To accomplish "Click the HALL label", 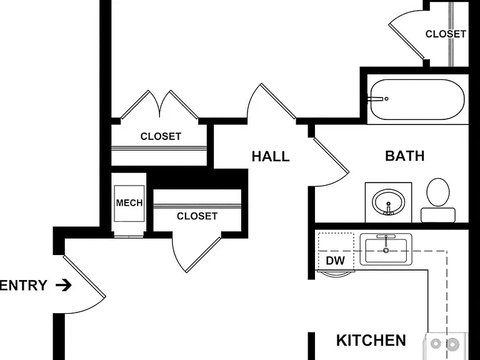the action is pyautogui.click(x=271, y=156).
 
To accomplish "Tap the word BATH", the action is pyautogui.click(x=405, y=156).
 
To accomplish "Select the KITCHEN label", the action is pyautogui.click(x=371, y=341).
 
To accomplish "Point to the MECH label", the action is pyautogui.click(x=129, y=202).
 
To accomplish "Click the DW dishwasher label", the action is pyautogui.click(x=335, y=261).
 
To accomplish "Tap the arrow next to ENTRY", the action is pyautogui.click(x=64, y=285).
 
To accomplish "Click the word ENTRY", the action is pyautogui.click(x=24, y=285).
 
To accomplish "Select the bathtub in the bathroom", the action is pyautogui.click(x=417, y=99).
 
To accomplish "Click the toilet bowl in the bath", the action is pyautogui.click(x=438, y=192).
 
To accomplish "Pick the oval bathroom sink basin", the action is pyautogui.click(x=389, y=202).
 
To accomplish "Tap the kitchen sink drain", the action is pyautogui.click(x=386, y=251).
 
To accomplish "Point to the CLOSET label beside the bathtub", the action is pyautogui.click(x=446, y=34).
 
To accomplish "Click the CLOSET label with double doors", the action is pyautogui.click(x=161, y=136).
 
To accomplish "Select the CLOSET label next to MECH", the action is pyautogui.click(x=197, y=216).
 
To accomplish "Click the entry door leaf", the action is pyautogui.click(x=84, y=276).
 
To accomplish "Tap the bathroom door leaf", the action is pyautogui.click(x=331, y=156).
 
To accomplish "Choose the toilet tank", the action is pyautogui.click(x=438, y=215).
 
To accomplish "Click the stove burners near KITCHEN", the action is pyautogui.click(x=444, y=344).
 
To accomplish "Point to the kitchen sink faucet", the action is pyautogui.click(x=386, y=240).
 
